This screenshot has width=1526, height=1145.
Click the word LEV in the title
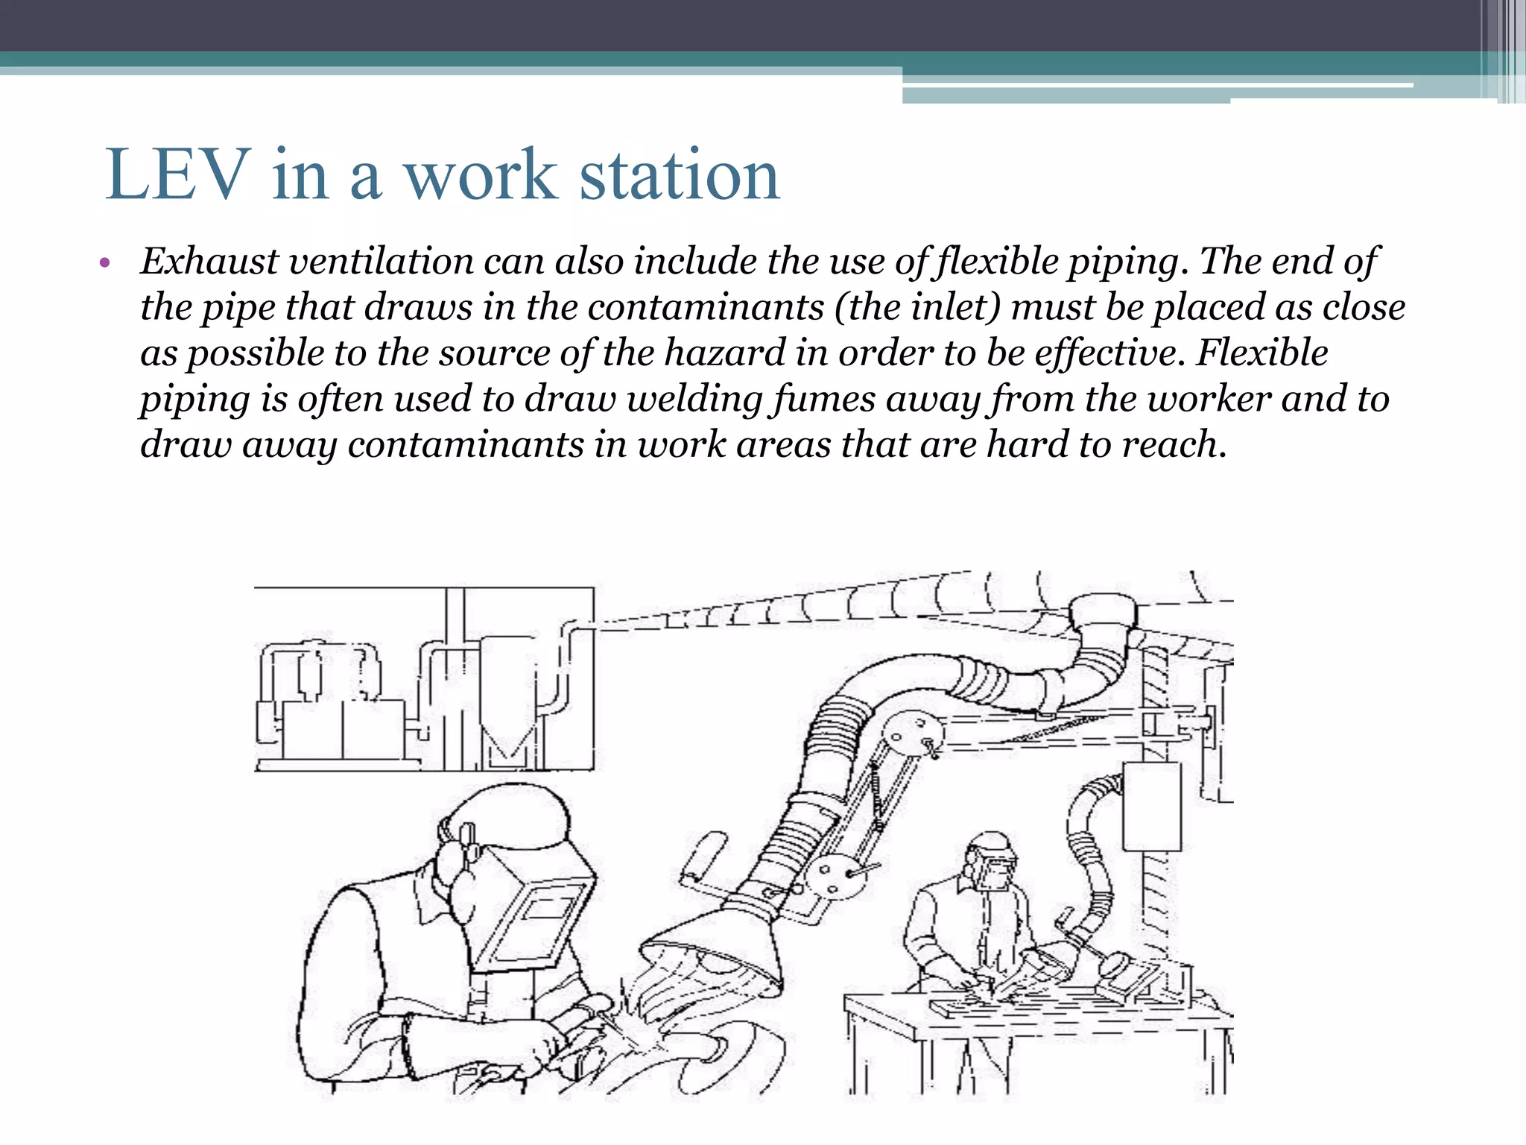(177, 175)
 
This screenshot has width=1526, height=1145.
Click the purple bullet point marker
(104, 263)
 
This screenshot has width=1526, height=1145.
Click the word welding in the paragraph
(694, 399)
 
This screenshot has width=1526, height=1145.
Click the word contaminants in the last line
(465, 445)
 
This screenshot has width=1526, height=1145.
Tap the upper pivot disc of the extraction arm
(914, 734)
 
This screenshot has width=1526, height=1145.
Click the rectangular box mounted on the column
(1151, 805)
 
